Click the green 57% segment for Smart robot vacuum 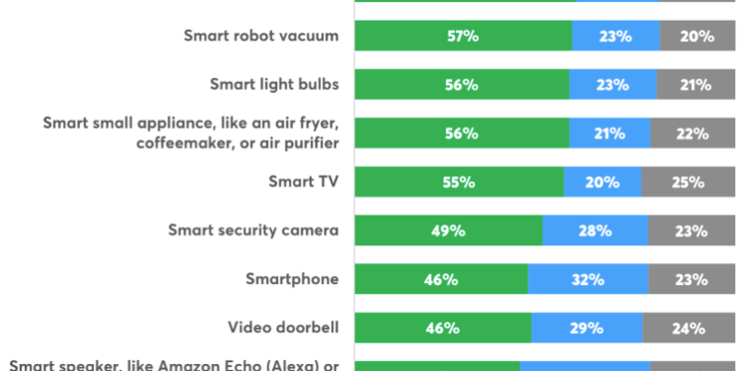[x=463, y=36]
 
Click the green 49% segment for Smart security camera [x=448, y=231]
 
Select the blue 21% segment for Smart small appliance [x=609, y=133]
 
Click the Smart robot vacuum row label [x=261, y=36]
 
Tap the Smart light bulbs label [x=274, y=84]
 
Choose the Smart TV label [x=304, y=182]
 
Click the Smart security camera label [x=253, y=231]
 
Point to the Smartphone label [x=292, y=279]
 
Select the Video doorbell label [x=283, y=327]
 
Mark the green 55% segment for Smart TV [x=459, y=182]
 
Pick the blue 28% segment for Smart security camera [x=596, y=231]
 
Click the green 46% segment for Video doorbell [x=442, y=327]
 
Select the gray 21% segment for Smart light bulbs [x=696, y=84]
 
